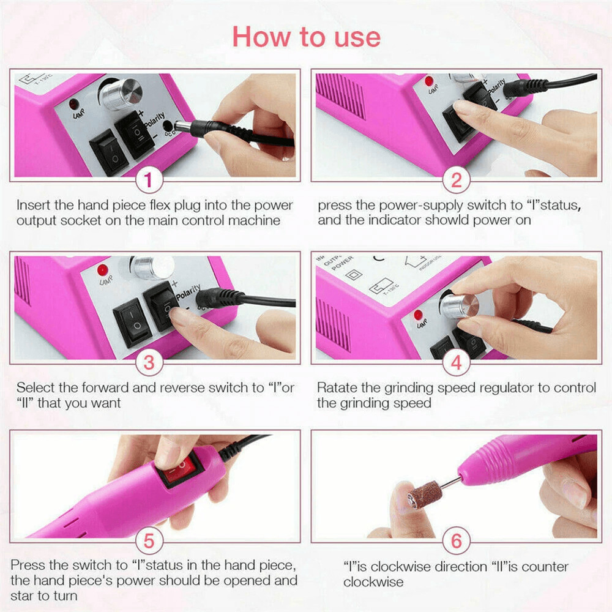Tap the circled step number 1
[x=149, y=181]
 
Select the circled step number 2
[x=456, y=181]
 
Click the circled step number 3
[x=149, y=363]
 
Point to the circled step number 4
[x=456, y=363]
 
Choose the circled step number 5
[x=149, y=542]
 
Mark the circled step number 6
[x=456, y=542]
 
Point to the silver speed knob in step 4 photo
[x=458, y=305]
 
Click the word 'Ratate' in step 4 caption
[x=337, y=388]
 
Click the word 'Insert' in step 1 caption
[x=33, y=205]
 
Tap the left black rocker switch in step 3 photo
[x=132, y=322]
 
